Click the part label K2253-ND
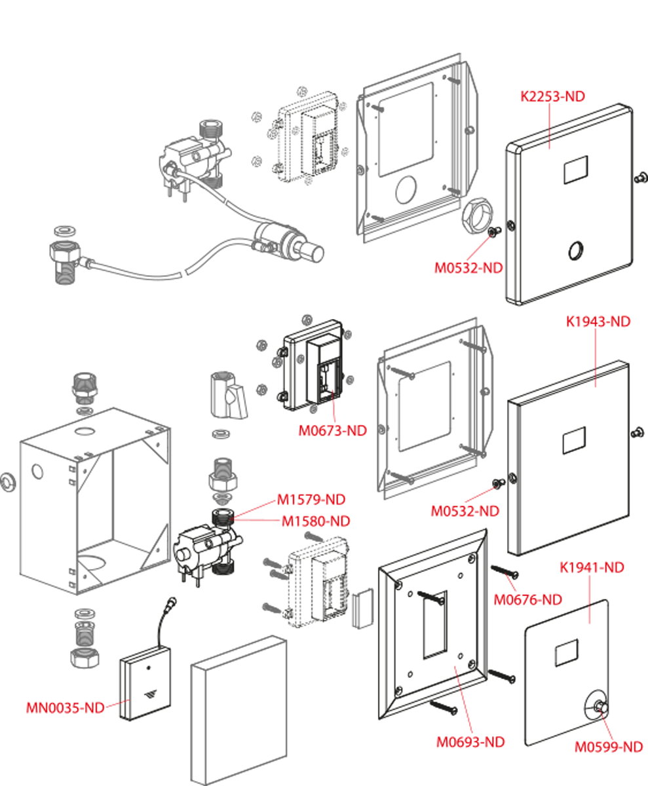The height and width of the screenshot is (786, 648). click(552, 96)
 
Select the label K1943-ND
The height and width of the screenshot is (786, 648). click(598, 322)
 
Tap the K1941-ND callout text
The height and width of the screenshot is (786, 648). click(591, 567)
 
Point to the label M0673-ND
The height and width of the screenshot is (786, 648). click(332, 430)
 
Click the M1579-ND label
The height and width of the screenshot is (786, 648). click(311, 499)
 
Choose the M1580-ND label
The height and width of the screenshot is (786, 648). click(315, 521)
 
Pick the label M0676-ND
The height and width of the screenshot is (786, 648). click(527, 599)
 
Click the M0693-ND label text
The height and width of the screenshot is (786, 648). click(470, 742)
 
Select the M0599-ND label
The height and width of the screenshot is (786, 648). click(609, 747)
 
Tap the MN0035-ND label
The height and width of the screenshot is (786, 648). click(65, 708)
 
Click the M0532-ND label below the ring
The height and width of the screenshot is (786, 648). click(468, 268)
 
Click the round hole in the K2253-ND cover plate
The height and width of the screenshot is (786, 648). click(577, 250)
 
